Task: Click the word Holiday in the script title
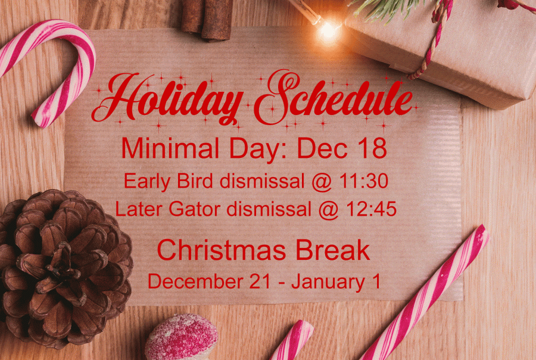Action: coord(167,98)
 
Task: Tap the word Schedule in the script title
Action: coord(334,97)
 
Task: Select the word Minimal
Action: coord(170,148)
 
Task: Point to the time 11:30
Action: coord(363,181)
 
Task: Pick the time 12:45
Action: coord(371,209)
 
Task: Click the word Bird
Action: coord(195,181)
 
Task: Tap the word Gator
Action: coord(194,209)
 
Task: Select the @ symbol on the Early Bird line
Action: coord(322,182)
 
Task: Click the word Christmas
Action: coord(221,250)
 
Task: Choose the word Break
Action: coord(332,250)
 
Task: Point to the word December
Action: coord(195,281)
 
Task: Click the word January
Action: coord(328,283)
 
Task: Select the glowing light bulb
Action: coord(328,31)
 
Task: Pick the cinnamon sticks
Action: coord(207,20)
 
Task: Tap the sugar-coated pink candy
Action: coord(181,337)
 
